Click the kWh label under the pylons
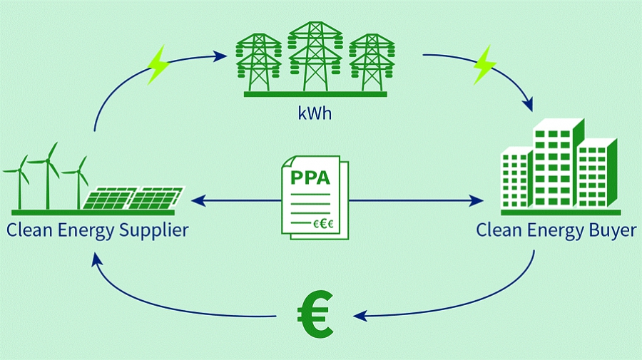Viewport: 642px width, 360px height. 315,112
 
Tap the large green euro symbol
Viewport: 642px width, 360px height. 314,314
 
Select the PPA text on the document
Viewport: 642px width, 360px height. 311,177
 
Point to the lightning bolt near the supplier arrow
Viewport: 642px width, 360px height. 158,66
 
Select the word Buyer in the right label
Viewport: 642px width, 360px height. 611,230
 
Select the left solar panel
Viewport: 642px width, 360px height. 109,198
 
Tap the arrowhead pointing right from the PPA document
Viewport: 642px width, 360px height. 479,202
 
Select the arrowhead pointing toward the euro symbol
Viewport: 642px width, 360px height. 360,315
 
